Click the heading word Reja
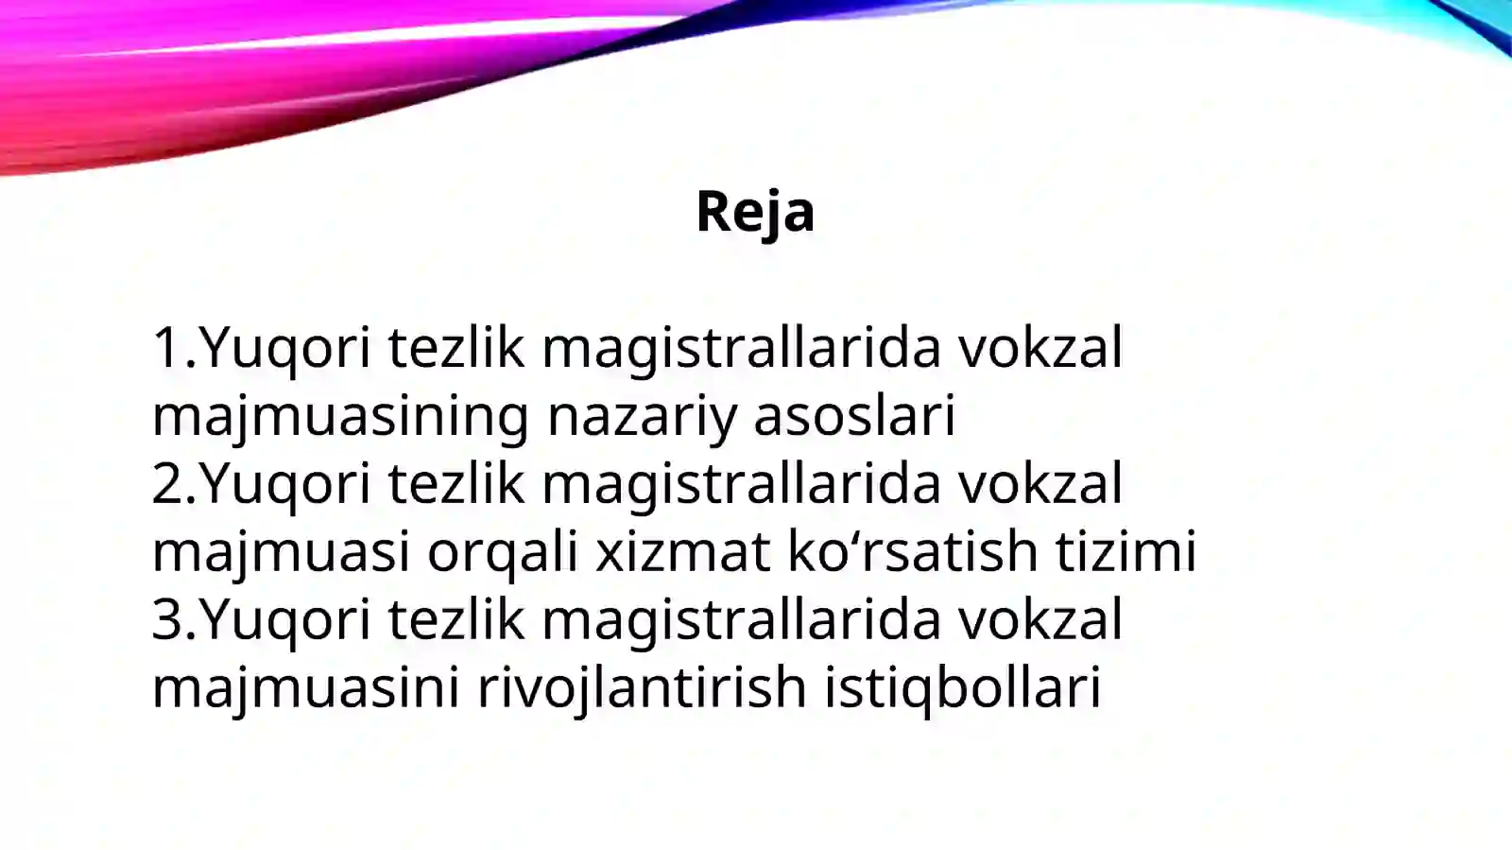tap(754, 211)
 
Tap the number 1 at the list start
tap(166, 347)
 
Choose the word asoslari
tap(854, 416)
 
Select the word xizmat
tap(682, 552)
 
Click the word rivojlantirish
tap(642, 687)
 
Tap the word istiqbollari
tap(962, 687)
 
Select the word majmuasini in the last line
tap(305, 687)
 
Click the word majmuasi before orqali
tap(281, 552)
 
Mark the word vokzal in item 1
tap(1040, 347)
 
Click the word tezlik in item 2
tap(455, 483)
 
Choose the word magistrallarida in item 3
tap(741, 619)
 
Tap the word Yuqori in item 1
tap(284, 347)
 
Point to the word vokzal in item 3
tap(1040, 619)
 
